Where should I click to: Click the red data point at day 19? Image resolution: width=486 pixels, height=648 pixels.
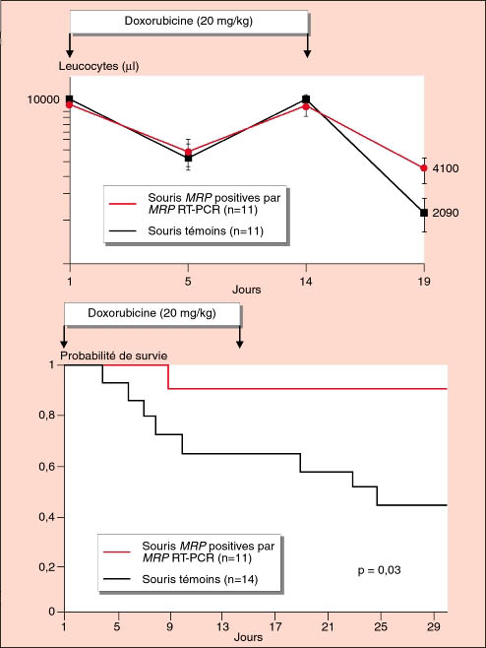[x=424, y=168]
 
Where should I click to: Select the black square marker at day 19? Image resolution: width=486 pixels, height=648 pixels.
[x=424, y=213]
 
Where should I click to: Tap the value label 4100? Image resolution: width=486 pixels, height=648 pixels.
[x=446, y=168]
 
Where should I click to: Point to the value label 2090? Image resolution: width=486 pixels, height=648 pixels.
[x=446, y=213]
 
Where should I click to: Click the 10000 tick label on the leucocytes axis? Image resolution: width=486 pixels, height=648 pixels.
[x=43, y=99]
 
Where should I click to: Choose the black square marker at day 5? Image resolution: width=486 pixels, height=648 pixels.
[x=188, y=158]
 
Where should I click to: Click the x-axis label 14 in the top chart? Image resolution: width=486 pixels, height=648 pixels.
[x=306, y=282]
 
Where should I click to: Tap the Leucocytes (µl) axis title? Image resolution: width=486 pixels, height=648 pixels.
[x=98, y=66]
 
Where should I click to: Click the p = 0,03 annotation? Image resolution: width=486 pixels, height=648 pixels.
[x=379, y=570]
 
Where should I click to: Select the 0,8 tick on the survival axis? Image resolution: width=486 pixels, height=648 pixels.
[x=46, y=415]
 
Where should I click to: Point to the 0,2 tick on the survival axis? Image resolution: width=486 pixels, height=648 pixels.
[x=46, y=567]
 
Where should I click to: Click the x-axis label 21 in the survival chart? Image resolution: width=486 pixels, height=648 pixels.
[x=328, y=627]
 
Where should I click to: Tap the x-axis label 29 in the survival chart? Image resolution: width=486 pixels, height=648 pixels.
[x=434, y=627]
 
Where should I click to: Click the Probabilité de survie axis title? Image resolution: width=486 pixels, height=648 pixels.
[x=114, y=356]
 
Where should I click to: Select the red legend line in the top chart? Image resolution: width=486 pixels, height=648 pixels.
[x=123, y=203]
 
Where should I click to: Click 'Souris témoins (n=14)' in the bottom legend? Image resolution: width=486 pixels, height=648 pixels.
[x=200, y=579]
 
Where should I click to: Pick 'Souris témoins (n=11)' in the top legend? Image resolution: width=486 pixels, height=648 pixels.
[x=206, y=230]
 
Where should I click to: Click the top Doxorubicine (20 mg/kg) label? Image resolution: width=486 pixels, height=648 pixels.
[x=189, y=21]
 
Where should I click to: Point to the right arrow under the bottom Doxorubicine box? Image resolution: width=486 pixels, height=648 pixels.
[x=239, y=337]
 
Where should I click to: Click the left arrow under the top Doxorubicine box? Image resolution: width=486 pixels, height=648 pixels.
[x=70, y=45]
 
